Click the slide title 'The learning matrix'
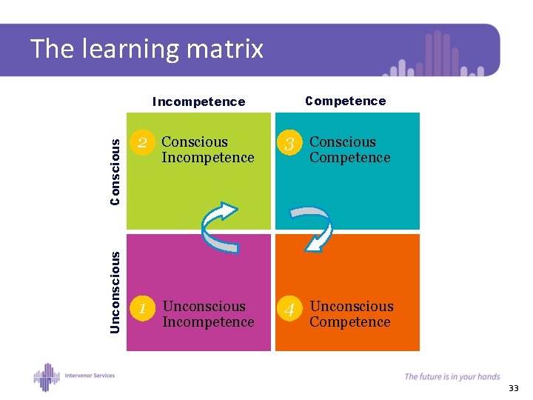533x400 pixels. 147,49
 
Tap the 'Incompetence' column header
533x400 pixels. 198,101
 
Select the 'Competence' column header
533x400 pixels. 346,101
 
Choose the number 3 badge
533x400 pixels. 290,144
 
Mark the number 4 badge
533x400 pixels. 290,309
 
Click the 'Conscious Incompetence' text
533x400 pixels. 207,150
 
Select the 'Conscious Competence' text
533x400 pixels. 349,150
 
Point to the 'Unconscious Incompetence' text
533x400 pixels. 207,314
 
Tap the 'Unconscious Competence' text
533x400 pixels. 352,314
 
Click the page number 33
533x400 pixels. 514,389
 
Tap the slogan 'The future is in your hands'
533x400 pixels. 452,376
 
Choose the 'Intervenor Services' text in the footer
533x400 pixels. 89,375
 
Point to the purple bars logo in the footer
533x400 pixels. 47,376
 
